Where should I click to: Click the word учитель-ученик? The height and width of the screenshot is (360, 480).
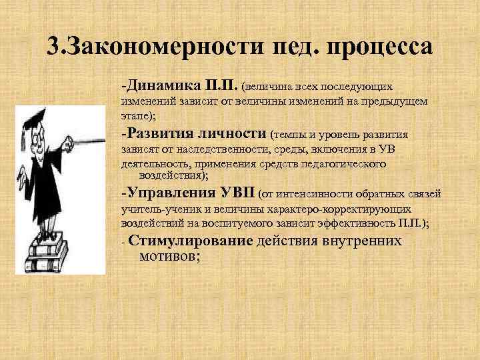point(152,209)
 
